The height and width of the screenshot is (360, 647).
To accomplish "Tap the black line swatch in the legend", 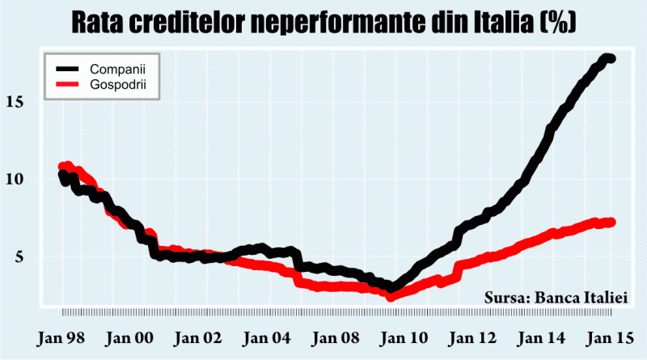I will point(64,68).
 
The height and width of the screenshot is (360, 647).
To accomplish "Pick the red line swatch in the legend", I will point(64,83).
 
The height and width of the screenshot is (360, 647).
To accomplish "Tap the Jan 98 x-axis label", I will point(62,335).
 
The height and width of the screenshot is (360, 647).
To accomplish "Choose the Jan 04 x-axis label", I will point(263,335).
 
